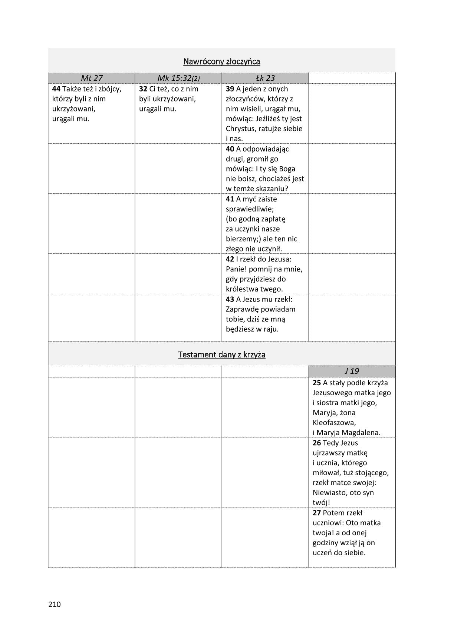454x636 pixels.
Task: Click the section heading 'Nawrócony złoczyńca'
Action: pyautogui.click(x=221, y=61)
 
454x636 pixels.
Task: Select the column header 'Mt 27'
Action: pyautogui.click(x=92, y=78)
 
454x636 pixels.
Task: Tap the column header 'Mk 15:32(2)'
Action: pyautogui.click(x=178, y=78)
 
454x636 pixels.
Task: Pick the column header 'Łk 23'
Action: pyautogui.click(x=265, y=78)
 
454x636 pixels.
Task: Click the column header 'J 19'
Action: pyautogui.click(x=352, y=371)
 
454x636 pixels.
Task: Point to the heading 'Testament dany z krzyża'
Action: pyautogui.click(x=221, y=354)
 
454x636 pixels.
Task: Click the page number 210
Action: pyautogui.click(x=54, y=605)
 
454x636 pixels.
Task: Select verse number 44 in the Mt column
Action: pyautogui.click(x=56, y=89)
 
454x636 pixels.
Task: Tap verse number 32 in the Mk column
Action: pyautogui.click(x=143, y=89)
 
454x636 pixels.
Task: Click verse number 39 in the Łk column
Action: pyautogui.click(x=230, y=89)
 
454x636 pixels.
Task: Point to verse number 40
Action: pyautogui.click(x=230, y=149)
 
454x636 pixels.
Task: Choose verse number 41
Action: pyautogui.click(x=230, y=199)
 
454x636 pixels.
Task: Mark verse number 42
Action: pyautogui.click(x=230, y=259)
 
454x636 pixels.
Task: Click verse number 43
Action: pyautogui.click(x=230, y=299)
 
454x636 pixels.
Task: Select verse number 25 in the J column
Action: pyautogui.click(x=317, y=383)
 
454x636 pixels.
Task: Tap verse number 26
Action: pyautogui.click(x=317, y=443)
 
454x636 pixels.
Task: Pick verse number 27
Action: pyautogui.click(x=317, y=513)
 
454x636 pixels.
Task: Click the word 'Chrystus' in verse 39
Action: pyautogui.click(x=240, y=129)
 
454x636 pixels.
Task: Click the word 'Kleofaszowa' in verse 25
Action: pyautogui.click(x=334, y=422)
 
